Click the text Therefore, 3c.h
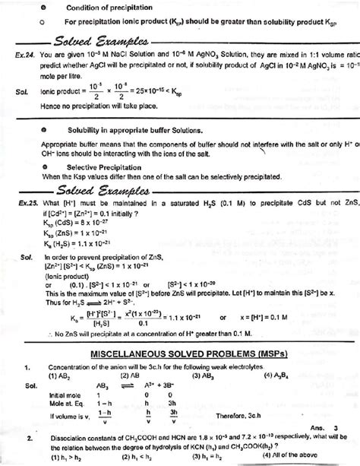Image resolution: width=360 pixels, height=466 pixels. (x=241, y=414)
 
